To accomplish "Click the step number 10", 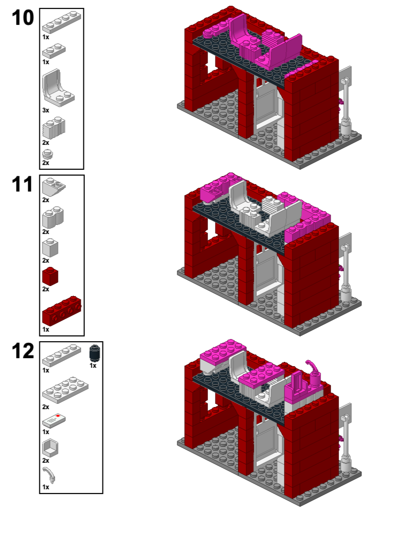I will click(22, 19).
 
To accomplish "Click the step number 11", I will click(22, 185).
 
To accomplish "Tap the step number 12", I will click(22, 352).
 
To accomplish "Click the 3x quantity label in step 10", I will click(46, 110).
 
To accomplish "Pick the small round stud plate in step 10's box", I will click(48, 154).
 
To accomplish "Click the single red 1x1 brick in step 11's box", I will click(50, 276).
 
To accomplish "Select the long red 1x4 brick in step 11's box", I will click(61, 311).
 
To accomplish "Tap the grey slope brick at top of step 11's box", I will click(54, 186).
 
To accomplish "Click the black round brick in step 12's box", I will click(94, 353).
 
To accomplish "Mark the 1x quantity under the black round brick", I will click(92, 366).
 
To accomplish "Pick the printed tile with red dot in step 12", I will click(54, 420).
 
